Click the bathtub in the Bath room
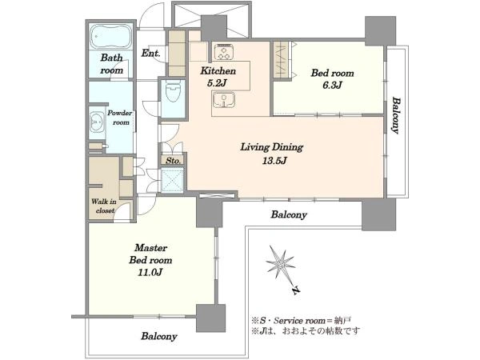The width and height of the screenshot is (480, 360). click(x=111, y=36)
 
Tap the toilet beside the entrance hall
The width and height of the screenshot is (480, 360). click(x=173, y=91)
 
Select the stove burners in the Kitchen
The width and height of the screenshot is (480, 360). click(x=224, y=52)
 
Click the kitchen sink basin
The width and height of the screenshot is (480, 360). click(x=224, y=100)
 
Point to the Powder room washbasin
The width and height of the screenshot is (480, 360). click(x=97, y=122)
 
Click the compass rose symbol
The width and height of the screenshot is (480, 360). click(x=281, y=262)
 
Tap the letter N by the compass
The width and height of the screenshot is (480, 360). click(x=296, y=290)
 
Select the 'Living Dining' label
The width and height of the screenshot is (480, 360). click(x=271, y=147)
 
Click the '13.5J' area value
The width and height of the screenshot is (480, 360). click(x=274, y=161)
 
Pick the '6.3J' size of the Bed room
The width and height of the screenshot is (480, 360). click(x=332, y=85)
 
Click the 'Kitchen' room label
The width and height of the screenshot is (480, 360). click(x=218, y=71)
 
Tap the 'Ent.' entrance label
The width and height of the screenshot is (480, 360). click(x=150, y=54)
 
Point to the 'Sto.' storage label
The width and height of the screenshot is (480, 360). click(x=174, y=161)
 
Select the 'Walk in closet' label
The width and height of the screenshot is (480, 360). click(x=104, y=206)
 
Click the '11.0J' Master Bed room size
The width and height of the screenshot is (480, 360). click(x=150, y=272)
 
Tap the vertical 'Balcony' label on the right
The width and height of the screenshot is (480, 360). click(x=396, y=115)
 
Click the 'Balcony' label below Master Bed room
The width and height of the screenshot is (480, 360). click(x=159, y=336)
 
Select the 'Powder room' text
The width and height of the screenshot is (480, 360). click(x=120, y=118)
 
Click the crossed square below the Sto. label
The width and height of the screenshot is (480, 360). click(x=172, y=180)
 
